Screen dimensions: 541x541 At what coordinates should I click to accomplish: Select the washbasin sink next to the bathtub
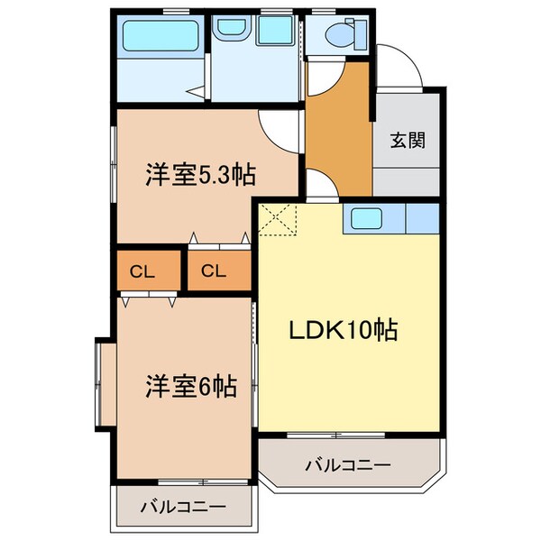(230, 33)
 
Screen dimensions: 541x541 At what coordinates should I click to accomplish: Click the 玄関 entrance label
(408, 141)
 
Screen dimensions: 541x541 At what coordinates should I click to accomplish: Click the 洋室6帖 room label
(191, 387)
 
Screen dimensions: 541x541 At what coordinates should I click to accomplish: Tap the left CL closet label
(139, 270)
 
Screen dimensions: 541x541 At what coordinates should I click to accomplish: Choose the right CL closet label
(213, 270)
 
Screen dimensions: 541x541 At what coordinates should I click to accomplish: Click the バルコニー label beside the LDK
(347, 465)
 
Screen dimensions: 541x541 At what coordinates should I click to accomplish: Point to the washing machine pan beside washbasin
(272, 33)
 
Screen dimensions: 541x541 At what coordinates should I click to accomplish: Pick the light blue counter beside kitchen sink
(422, 219)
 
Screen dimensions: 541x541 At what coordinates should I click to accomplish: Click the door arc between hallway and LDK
(321, 186)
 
